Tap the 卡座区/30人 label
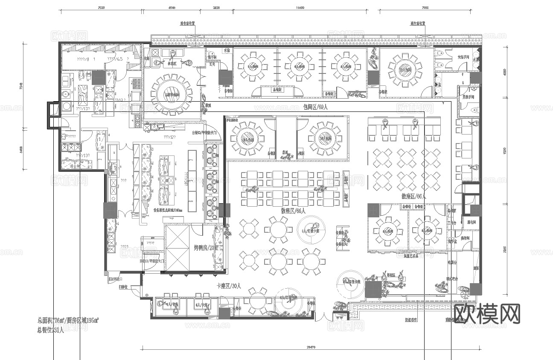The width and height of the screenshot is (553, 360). coord(229,286)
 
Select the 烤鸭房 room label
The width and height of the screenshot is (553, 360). coord(206,247)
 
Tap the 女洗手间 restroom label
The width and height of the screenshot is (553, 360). coord(463,57)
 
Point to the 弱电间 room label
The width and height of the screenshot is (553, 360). coord(471,222)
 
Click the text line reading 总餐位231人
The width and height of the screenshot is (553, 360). coord(50,330)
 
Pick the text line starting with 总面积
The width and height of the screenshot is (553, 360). coord(68,320)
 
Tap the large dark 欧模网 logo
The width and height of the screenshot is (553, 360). coord(487,314)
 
